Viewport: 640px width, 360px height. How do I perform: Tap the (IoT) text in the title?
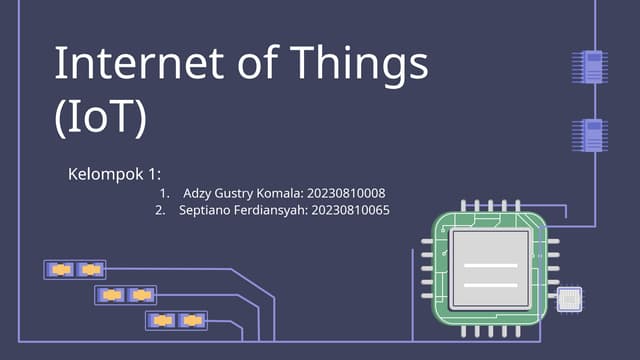pos(100,117)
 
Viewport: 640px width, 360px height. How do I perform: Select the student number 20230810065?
pos(350,211)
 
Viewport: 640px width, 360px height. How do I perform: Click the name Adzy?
pos(199,193)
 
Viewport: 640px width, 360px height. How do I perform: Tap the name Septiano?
pos(206,211)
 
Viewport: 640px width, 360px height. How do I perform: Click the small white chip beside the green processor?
pos(569,298)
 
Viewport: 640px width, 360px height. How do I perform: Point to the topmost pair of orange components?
pos(76,269)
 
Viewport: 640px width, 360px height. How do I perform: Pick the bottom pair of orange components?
pos(176,320)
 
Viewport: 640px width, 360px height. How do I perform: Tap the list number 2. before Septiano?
pos(160,211)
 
